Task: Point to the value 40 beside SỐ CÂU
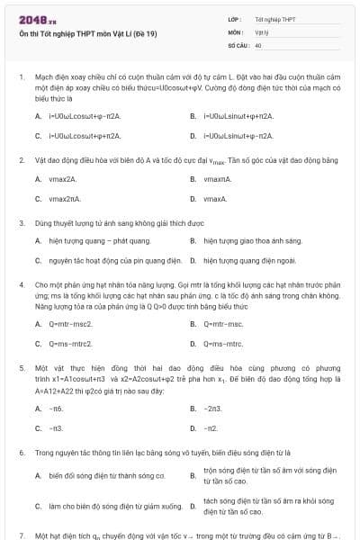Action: coord(259,44)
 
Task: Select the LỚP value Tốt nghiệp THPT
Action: coord(274,19)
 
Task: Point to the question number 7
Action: coord(21,535)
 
